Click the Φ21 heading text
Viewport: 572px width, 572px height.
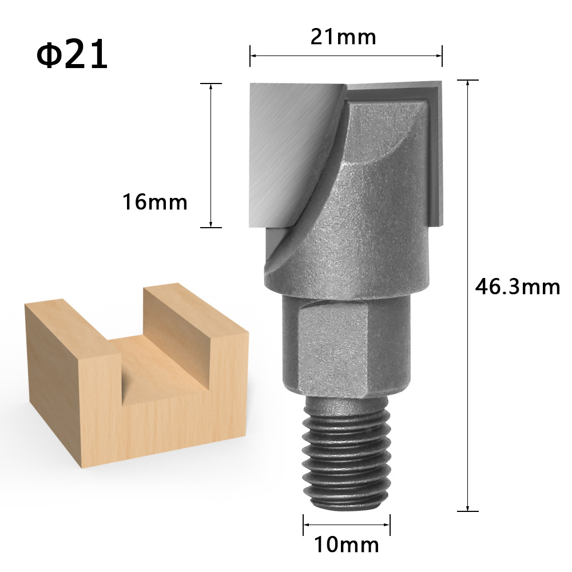click(x=72, y=55)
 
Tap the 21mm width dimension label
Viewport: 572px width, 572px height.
click(x=343, y=37)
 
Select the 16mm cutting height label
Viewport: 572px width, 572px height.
click(x=154, y=201)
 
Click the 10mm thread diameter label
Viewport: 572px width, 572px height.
click(x=347, y=545)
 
